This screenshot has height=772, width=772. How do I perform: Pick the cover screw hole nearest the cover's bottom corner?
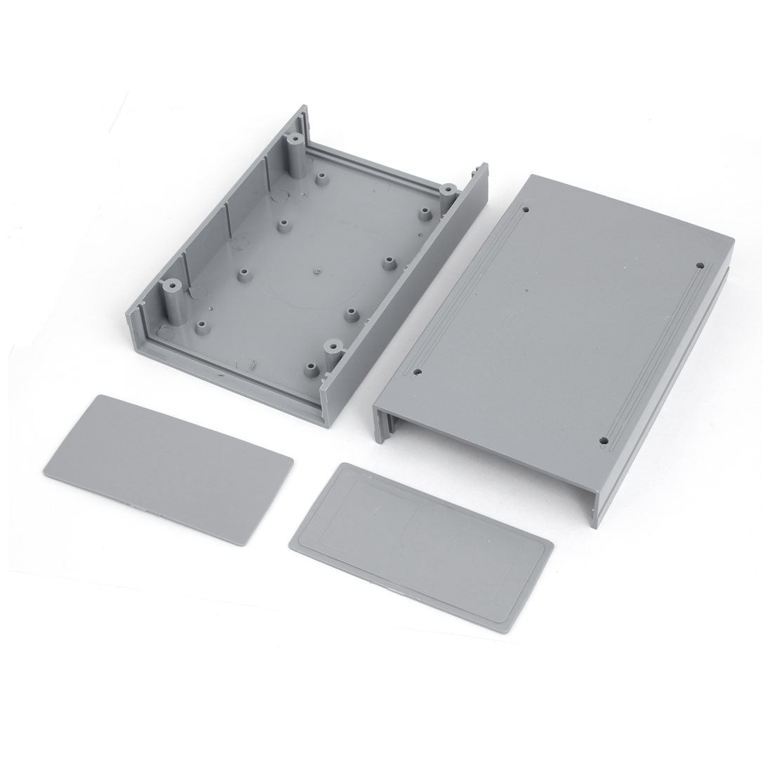tap(604, 441)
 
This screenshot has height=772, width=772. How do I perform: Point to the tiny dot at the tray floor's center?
tap(317, 267)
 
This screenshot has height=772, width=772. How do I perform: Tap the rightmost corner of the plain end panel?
tap(292, 461)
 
